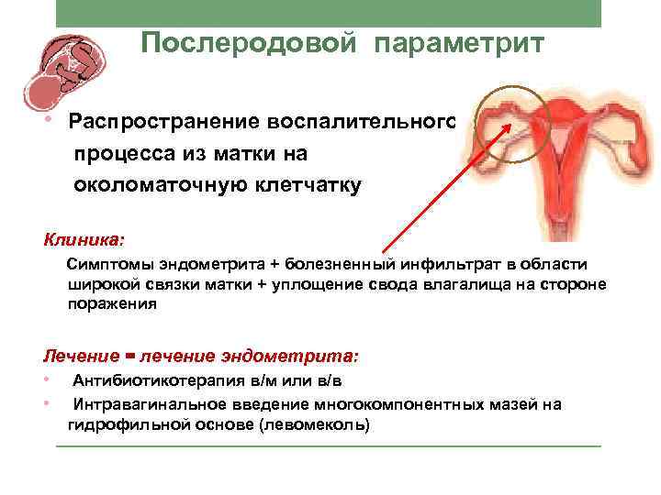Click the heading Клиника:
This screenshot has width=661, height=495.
(x=84, y=240)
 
